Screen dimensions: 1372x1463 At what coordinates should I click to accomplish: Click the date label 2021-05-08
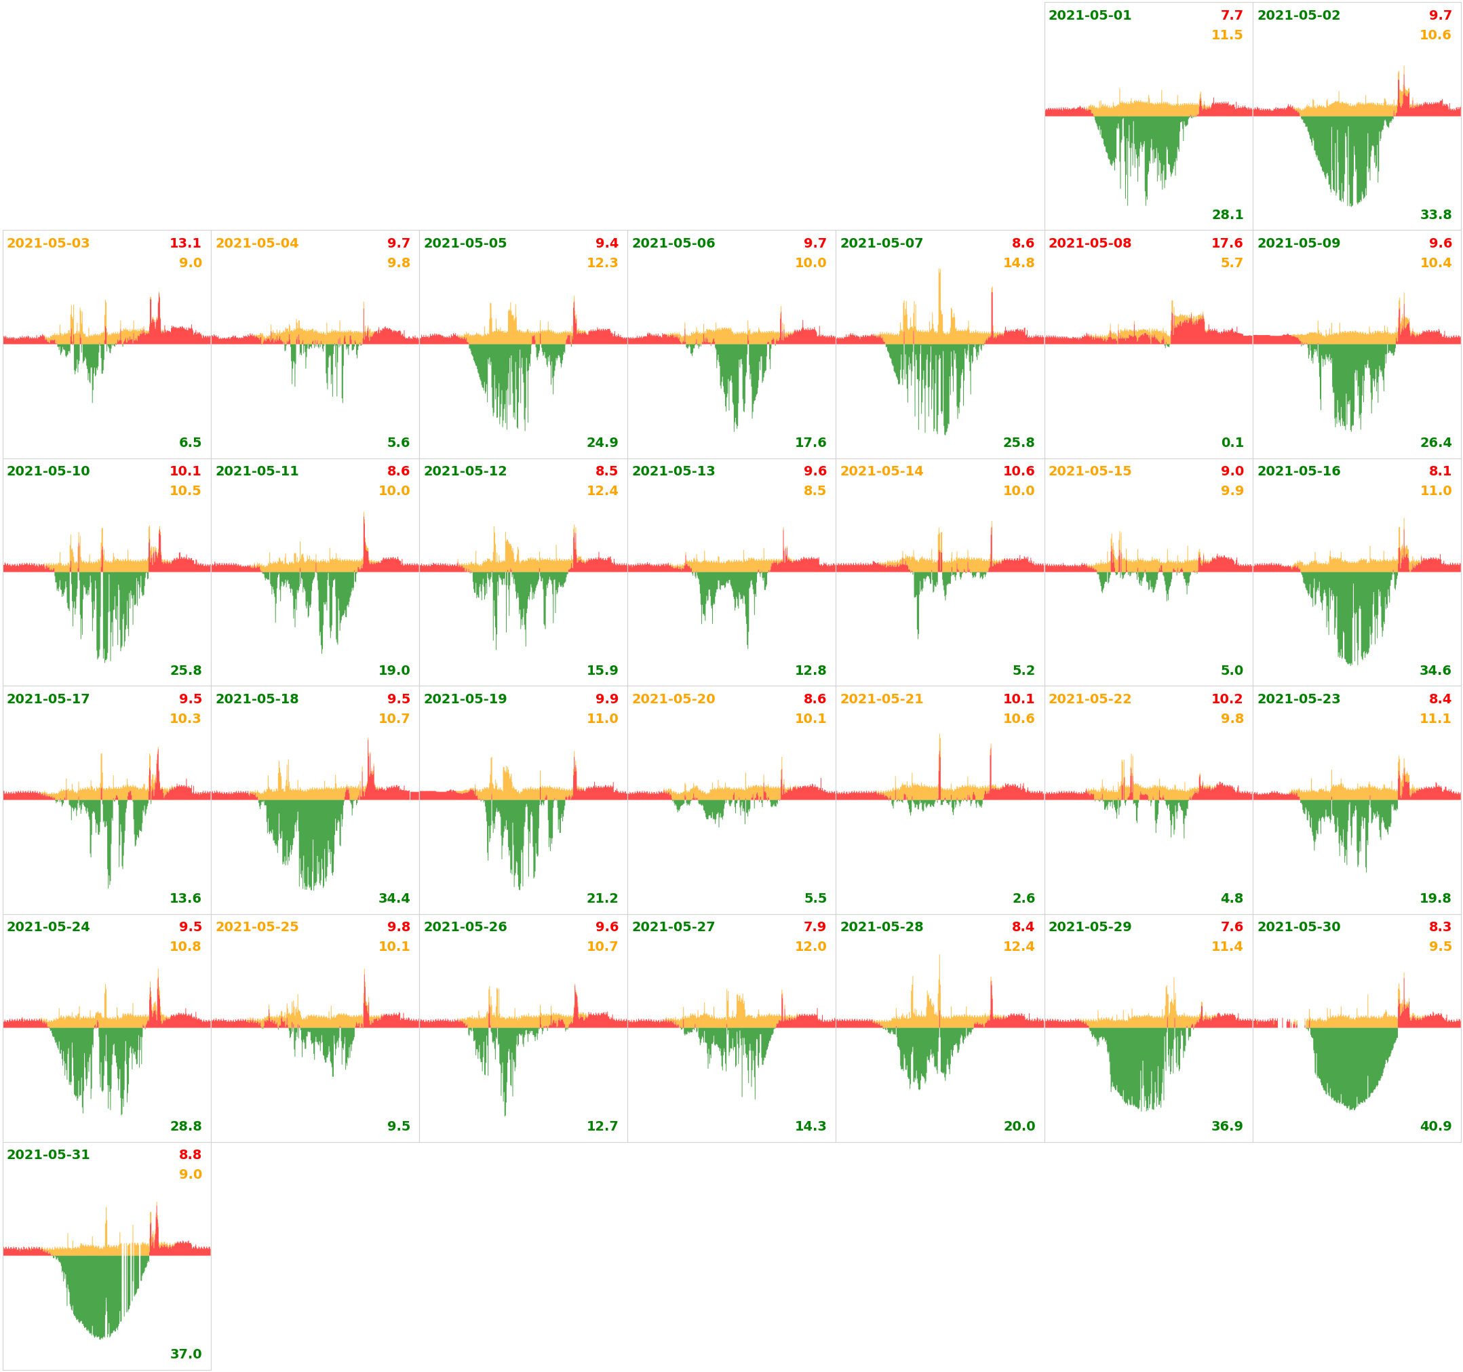1089,243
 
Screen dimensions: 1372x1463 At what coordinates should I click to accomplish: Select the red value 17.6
1227,243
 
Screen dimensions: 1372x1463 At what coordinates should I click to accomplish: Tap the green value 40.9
1435,1126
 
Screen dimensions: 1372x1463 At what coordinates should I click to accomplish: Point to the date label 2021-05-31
48,1155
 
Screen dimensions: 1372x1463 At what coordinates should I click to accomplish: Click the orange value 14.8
1019,262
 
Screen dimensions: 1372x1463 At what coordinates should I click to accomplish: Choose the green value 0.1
1232,442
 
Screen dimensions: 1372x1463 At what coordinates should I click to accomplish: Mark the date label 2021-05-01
1089,16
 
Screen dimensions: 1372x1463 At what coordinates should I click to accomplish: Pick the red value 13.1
184,243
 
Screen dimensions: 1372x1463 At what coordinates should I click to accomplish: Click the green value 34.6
1435,671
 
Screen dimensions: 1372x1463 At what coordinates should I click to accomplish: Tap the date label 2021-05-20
673,699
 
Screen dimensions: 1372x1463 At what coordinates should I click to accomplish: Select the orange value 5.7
1231,262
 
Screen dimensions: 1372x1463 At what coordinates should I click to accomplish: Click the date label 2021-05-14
881,471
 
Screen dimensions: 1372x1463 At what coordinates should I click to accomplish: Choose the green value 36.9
1227,1126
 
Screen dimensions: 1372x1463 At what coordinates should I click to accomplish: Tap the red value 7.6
1231,926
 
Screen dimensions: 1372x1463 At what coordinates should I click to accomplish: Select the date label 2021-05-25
256,926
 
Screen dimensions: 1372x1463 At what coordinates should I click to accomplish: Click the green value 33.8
1435,215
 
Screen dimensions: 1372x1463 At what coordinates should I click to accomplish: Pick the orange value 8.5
815,490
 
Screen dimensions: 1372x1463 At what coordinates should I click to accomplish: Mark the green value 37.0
185,1354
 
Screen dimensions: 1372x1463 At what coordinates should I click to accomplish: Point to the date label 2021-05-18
256,699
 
